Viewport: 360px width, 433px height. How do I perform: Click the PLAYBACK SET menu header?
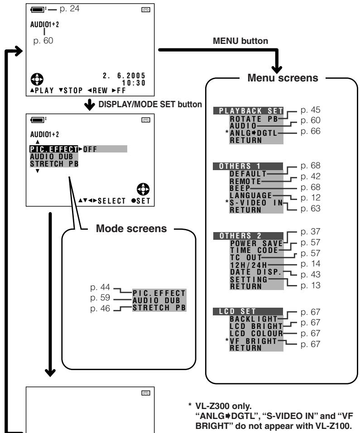pyautogui.click(x=248, y=111)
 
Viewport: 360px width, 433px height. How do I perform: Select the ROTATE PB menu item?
pyautogui.click(x=254, y=119)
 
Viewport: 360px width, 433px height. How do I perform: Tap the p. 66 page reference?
pyautogui.click(x=310, y=131)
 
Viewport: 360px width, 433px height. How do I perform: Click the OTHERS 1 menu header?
pyautogui.click(x=248, y=166)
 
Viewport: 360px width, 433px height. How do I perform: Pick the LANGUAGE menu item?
pyautogui.click(x=251, y=195)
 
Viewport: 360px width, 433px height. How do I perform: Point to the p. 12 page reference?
pyautogui.click(x=310, y=198)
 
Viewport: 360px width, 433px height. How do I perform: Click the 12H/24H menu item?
pyautogui.click(x=249, y=265)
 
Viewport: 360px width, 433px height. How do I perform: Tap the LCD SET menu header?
pyautogui.click(x=248, y=311)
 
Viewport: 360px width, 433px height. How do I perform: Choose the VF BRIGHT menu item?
pyautogui.click(x=253, y=341)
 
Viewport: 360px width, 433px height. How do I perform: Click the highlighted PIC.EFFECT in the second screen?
pyautogui.click(x=54, y=149)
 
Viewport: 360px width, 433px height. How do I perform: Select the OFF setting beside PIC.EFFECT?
pyautogui.click(x=90, y=149)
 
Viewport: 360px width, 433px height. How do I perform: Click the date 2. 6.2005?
pyautogui.click(x=124, y=76)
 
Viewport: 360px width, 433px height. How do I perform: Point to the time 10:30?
pyautogui.click(x=134, y=83)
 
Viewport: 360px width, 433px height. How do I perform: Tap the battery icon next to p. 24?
pyautogui.click(x=38, y=10)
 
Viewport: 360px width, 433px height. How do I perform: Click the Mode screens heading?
pyautogui.click(x=131, y=228)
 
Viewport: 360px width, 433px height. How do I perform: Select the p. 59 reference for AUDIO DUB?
pyautogui.click(x=100, y=298)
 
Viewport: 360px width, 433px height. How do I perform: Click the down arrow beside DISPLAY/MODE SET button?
pyautogui.click(x=90, y=105)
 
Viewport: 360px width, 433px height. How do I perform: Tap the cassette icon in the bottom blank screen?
pyautogui.click(x=146, y=393)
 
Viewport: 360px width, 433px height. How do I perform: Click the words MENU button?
pyautogui.click(x=240, y=41)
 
